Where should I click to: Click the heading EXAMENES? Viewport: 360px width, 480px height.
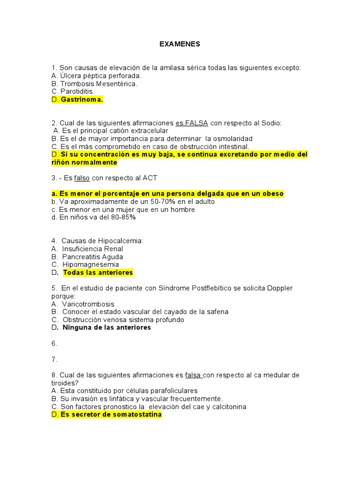[180, 44]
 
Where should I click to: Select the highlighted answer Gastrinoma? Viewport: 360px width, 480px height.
[82, 100]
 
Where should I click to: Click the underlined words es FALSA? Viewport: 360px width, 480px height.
[192, 123]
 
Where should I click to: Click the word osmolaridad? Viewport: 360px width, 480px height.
[232, 139]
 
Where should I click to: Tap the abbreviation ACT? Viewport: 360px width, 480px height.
[150, 178]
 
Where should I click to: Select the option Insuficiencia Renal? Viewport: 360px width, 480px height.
[92, 249]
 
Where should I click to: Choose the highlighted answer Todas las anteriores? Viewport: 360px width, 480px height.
[98, 273]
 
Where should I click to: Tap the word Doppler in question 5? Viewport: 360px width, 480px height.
[280, 288]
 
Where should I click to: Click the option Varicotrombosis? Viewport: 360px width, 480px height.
[88, 304]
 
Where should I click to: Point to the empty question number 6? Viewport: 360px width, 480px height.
[54, 344]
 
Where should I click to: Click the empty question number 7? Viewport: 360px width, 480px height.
[54, 360]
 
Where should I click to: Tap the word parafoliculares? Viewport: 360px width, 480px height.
[171, 391]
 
